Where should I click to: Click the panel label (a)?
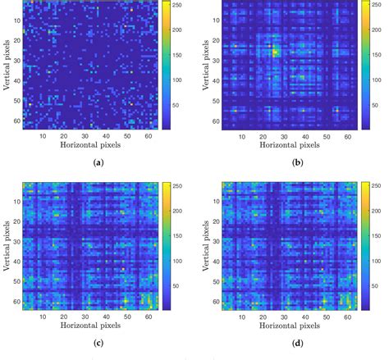click(x=99, y=163)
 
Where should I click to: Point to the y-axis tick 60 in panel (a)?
click(x=17, y=121)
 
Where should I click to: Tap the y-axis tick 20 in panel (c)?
click(x=17, y=222)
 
